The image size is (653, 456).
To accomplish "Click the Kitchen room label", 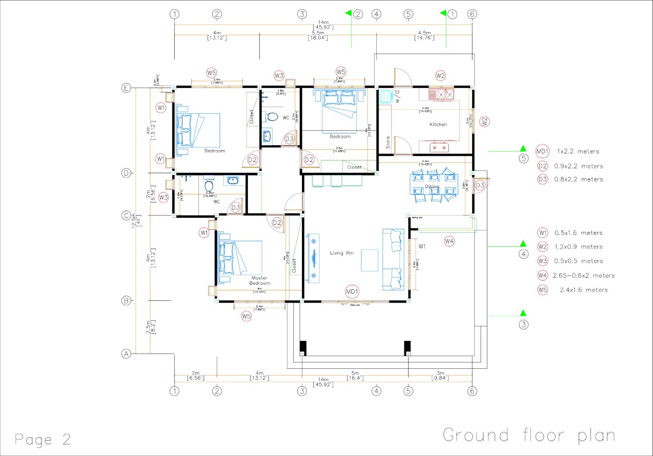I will pos(438,124).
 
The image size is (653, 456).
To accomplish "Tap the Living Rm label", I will pos(342,253).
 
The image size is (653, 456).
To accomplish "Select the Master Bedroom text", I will pos(260,281).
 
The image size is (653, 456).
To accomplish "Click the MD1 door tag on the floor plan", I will pos(352,292).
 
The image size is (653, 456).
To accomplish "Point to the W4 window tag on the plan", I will pos(449,241).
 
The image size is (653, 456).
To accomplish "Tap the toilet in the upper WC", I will pos(272,117).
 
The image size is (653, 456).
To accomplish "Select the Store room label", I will pos(388,142).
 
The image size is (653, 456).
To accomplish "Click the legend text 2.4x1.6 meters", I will pos(583,290).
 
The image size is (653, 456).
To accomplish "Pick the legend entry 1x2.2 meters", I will pos(578,151).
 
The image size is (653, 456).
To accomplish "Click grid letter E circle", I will pos(127,88).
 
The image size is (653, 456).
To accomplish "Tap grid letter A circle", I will pos(127,354).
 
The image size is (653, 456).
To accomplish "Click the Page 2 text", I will pos(42,439).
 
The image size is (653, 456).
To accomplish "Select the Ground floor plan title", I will pos(529,435).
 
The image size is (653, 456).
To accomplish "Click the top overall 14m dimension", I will pos(323,24).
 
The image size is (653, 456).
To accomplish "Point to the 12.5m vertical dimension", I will pos(137,221).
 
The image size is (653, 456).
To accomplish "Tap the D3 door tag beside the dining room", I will pos(480,186).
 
